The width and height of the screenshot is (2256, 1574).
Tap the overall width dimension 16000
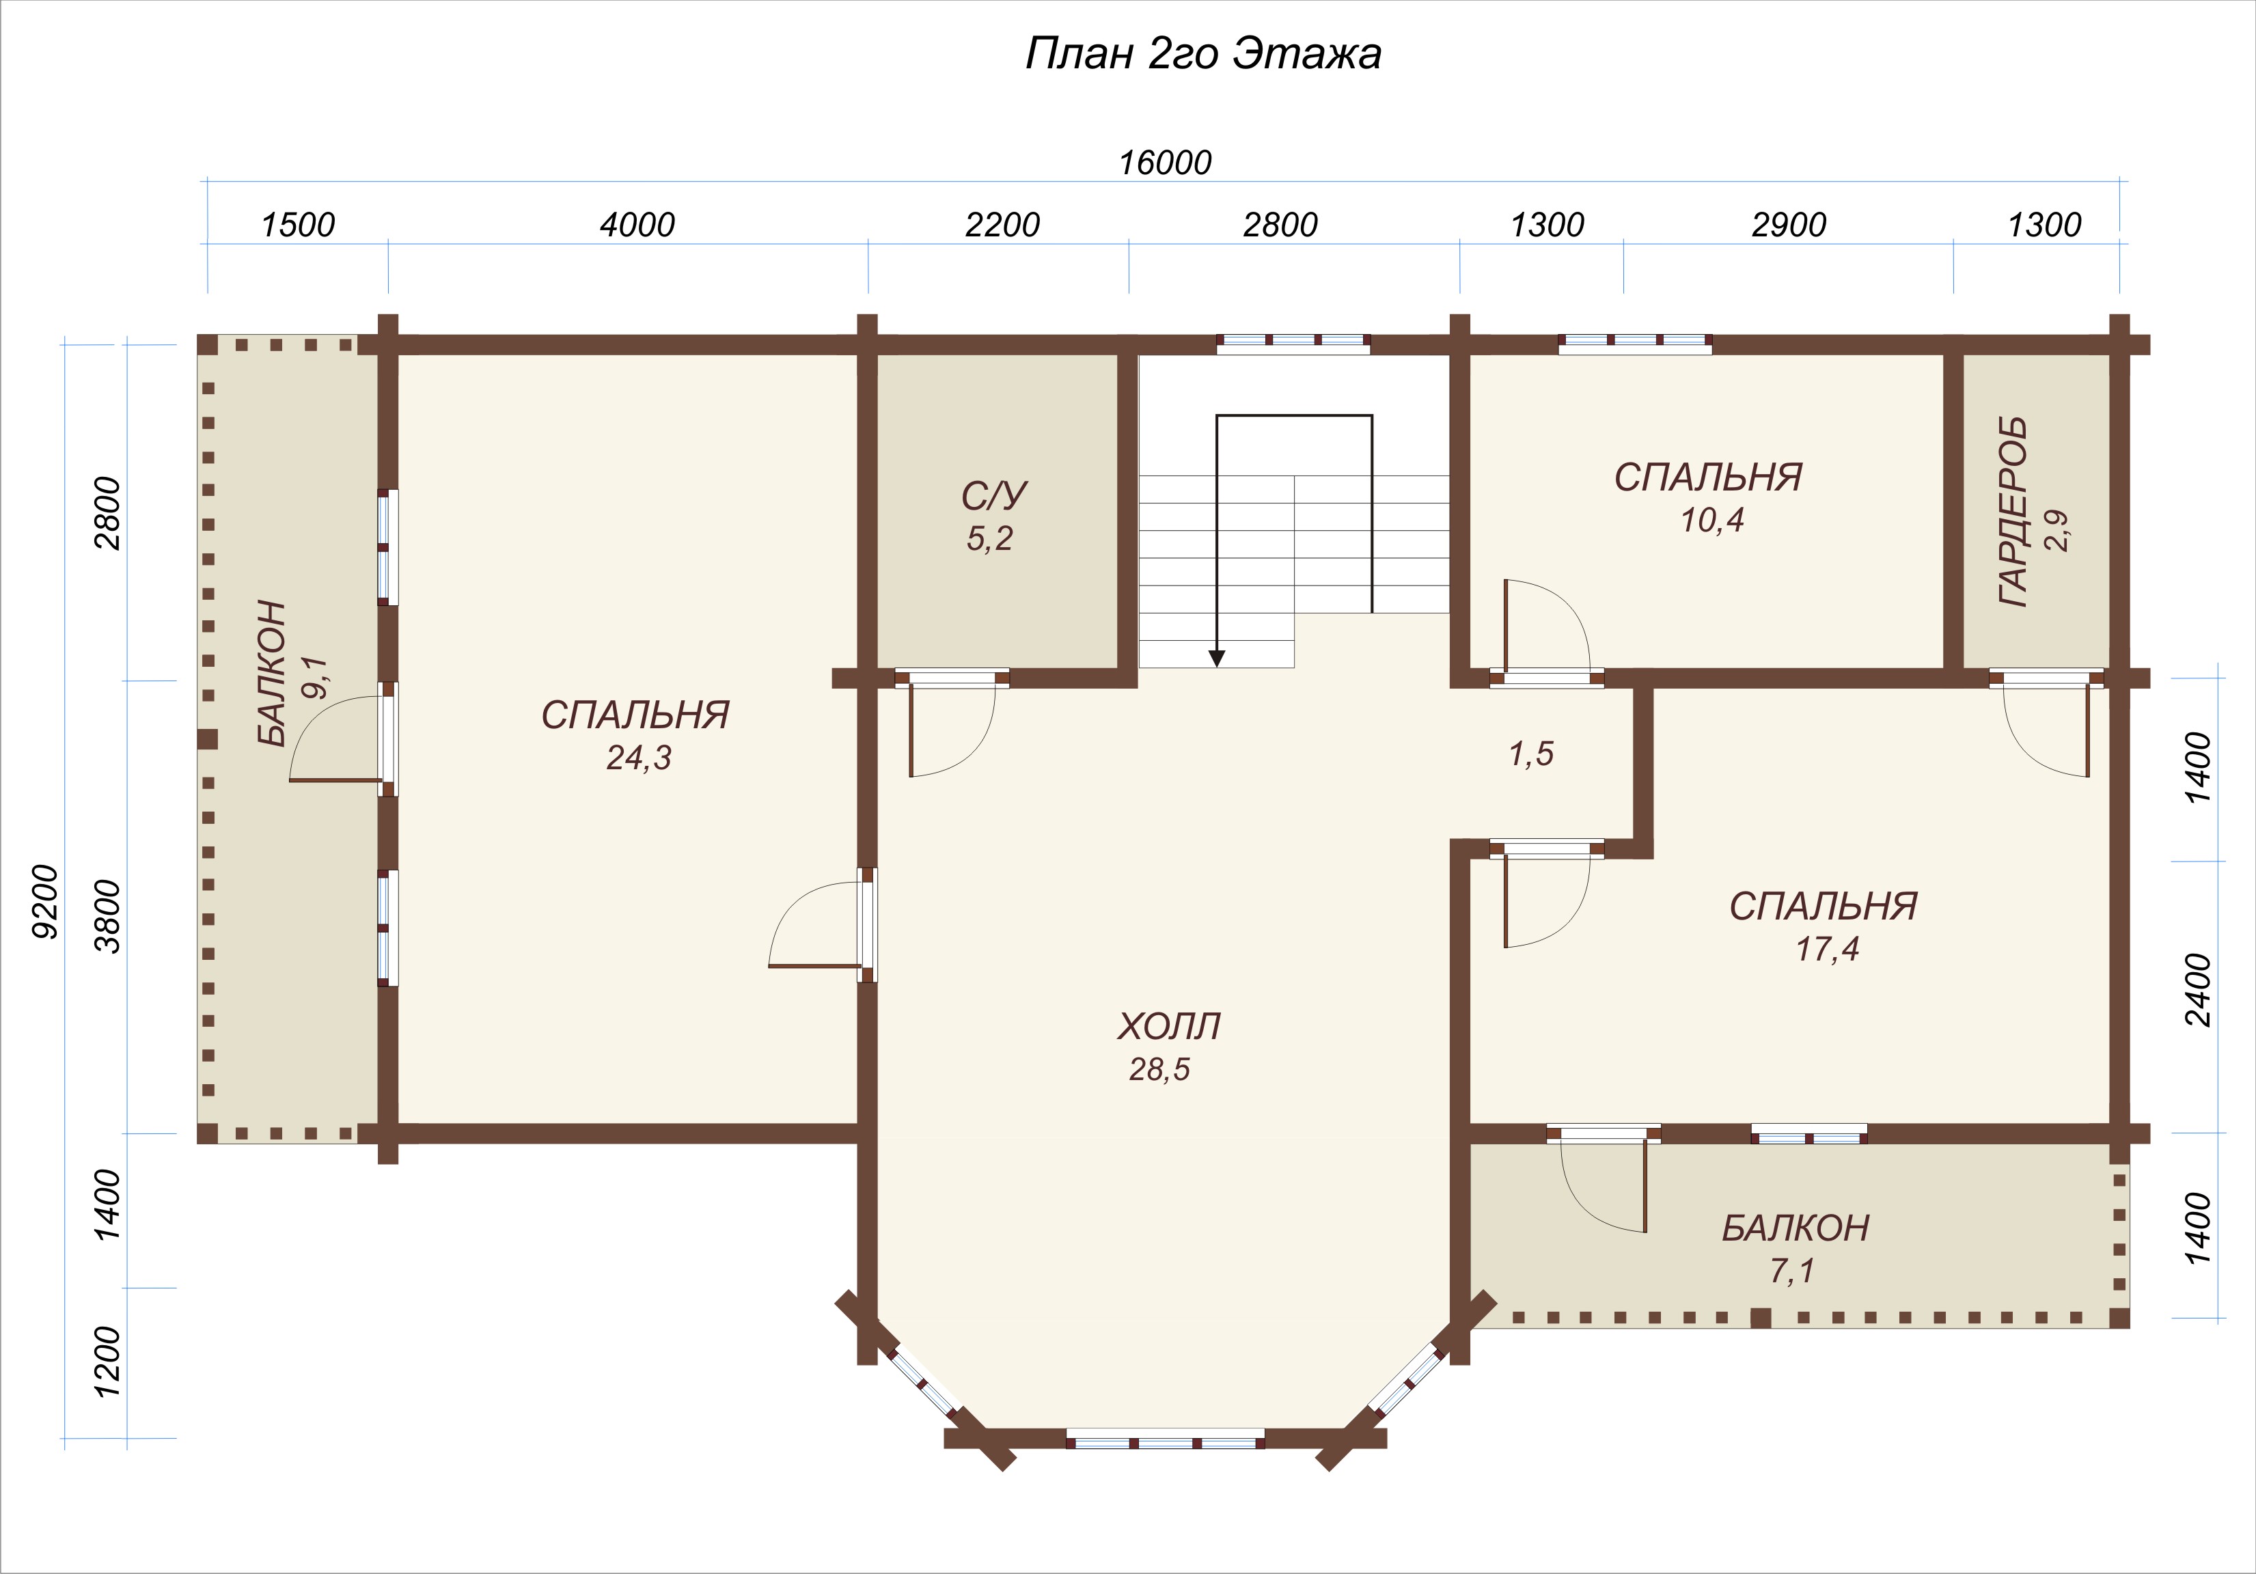[x=1166, y=162]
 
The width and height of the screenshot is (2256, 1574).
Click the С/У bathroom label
[x=994, y=496]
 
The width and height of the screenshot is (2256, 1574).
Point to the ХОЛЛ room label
[x=1168, y=1027]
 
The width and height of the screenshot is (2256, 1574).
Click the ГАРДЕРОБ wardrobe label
[x=2013, y=512]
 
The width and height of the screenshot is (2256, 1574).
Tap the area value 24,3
[x=639, y=758]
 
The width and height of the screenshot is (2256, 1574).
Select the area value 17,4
[x=1828, y=949]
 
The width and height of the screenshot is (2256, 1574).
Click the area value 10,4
[x=1711, y=520]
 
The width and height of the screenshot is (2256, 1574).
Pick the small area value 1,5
[x=1531, y=754]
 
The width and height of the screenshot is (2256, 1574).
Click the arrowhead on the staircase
[x=1218, y=659]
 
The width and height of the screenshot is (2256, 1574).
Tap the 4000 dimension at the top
[x=637, y=225]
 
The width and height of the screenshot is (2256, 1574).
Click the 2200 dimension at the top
[x=1002, y=225]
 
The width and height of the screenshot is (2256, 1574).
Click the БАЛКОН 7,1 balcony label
[x=1796, y=1248]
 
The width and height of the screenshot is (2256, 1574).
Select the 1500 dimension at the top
[x=298, y=225]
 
